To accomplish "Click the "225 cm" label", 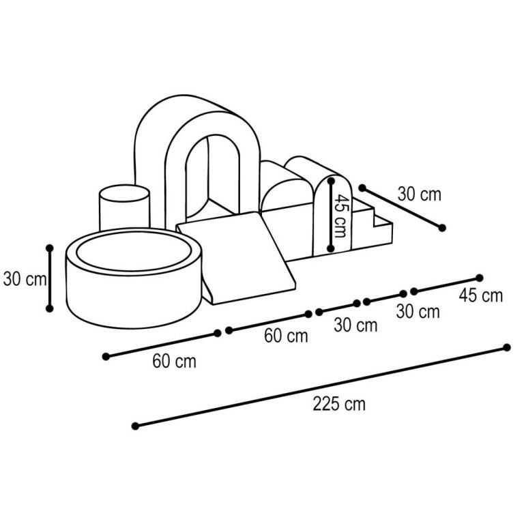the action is coord(339,404).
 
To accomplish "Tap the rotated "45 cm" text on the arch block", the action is coord(341,216).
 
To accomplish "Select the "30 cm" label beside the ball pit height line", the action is coord(25,278).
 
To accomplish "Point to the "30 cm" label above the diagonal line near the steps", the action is coord(419,194).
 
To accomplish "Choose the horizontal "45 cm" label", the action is coord(480,295).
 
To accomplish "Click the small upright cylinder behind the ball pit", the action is coord(124,207).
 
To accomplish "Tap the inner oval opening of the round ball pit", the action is coord(134,251).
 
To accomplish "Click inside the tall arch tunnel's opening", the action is coord(213,177).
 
